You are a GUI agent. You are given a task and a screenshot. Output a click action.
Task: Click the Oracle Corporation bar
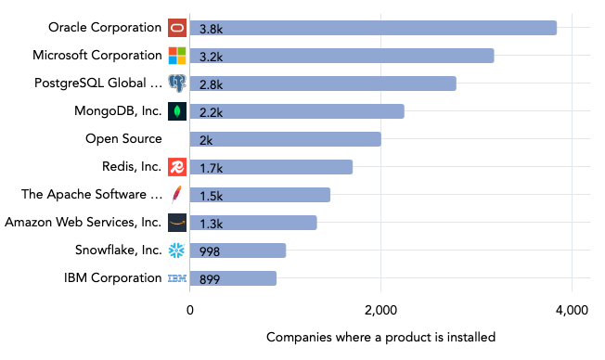click(373, 28)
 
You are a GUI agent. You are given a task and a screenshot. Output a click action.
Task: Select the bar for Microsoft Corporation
click(341, 56)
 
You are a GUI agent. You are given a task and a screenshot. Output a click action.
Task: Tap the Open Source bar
click(285, 139)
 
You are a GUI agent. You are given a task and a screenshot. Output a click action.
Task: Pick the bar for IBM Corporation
click(233, 278)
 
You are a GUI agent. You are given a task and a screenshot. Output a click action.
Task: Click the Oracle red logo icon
click(177, 28)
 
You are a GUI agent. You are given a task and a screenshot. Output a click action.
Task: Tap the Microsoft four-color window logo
click(177, 56)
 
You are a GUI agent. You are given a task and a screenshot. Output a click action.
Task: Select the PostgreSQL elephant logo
click(177, 84)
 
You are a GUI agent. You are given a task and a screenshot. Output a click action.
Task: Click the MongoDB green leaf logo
click(177, 111)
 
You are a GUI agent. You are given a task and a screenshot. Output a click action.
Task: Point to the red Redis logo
click(177, 167)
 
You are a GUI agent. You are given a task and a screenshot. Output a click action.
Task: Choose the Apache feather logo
click(177, 195)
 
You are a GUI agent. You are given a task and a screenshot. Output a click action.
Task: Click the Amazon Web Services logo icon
click(177, 223)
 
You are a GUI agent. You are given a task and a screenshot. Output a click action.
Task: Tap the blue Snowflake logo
click(177, 251)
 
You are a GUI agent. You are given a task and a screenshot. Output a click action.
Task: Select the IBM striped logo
click(177, 278)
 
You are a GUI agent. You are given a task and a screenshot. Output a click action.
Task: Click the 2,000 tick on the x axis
click(380, 309)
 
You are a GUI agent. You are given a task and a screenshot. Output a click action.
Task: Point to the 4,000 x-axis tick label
click(572, 309)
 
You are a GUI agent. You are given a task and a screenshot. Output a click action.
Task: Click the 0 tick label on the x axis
click(190, 309)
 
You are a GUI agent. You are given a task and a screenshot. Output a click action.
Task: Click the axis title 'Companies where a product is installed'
click(380, 337)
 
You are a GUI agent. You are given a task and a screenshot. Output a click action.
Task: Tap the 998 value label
click(211, 251)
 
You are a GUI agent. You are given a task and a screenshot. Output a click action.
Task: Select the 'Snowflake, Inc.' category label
click(118, 251)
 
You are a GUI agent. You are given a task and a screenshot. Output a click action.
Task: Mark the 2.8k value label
click(212, 84)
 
